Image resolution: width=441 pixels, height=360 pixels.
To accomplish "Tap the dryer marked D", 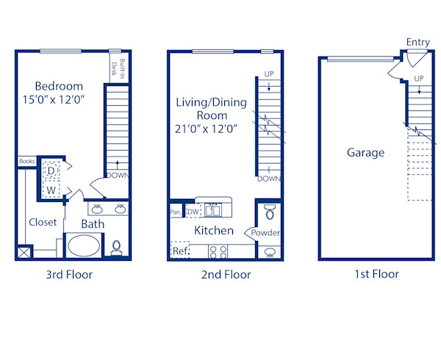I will click(x=51, y=170).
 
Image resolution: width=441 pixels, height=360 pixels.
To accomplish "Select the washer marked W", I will click(x=51, y=190).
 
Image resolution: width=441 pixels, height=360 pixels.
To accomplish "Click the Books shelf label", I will click(x=27, y=161).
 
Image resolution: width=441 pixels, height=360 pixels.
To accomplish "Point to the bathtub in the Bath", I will click(x=87, y=245).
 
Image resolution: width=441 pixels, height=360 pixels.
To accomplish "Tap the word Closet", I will click(x=43, y=222).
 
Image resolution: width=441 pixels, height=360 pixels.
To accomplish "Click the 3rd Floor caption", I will click(x=69, y=275).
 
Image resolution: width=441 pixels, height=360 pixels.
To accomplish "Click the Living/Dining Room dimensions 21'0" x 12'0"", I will click(x=206, y=129).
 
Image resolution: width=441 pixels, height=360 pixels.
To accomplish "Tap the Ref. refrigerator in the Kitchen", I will click(x=180, y=251).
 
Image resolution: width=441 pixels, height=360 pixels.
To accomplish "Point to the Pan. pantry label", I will click(x=176, y=212).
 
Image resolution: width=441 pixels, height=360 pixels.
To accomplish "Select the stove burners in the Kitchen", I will click(x=218, y=251).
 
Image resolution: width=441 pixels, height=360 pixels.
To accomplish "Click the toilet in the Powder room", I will click(x=269, y=213).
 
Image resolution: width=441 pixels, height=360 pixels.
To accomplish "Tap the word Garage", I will click(x=365, y=153).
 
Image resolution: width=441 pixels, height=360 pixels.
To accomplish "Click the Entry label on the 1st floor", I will click(x=417, y=43).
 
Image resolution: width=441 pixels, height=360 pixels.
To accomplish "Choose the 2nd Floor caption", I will click(x=226, y=275).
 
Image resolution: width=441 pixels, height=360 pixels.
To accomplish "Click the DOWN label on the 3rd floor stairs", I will click(x=118, y=176).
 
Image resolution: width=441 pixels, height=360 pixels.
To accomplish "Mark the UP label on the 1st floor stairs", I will click(x=419, y=78).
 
